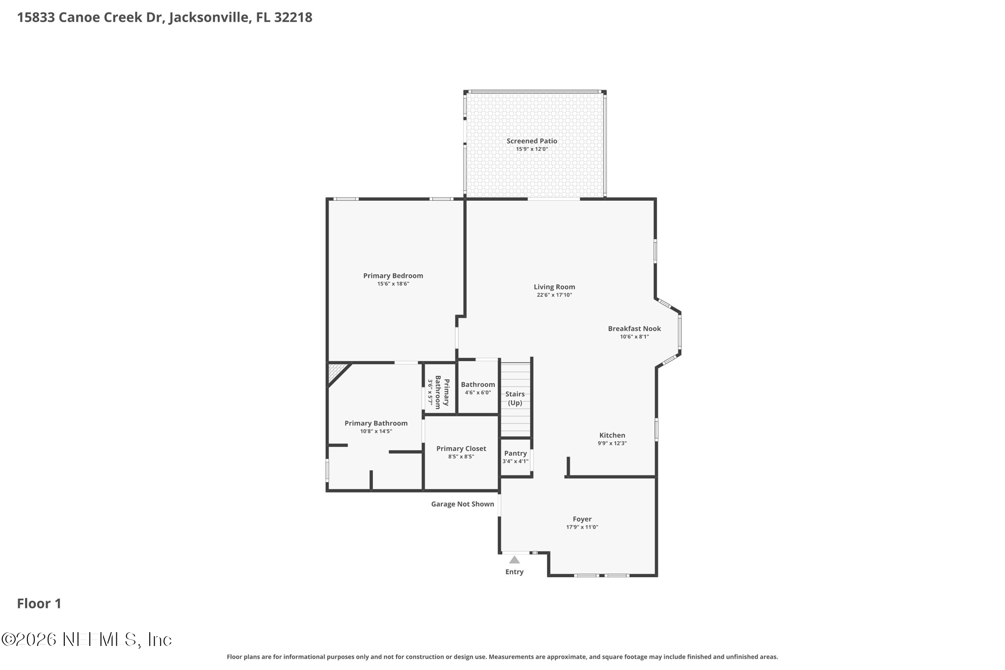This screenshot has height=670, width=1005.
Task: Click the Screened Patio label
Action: pyautogui.click(x=531, y=141)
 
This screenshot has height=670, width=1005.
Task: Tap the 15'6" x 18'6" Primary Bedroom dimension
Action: pyautogui.click(x=393, y=284)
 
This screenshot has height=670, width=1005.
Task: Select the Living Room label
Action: pyautogui.click(x=554, y=287)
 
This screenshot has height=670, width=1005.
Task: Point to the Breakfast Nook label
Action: pyautogui.click(x=634, y=328)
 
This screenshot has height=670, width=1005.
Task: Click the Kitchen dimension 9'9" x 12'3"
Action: pyautogui.click(x=612, y=443)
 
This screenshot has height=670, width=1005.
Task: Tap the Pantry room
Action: pyautogui.click(x=515, y=457)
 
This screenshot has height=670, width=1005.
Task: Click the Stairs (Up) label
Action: pyautogui.click(x=515, y=398)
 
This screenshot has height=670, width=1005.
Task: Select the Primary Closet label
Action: pyautogui.click(x=461, y=448)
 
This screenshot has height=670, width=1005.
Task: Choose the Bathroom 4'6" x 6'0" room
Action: pyautogui.click(x=477, y=388)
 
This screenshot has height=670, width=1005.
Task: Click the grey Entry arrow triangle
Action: pyautogui.click(x=514, y=560)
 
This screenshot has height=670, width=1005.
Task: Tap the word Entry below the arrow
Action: pyautogui.click(x=514, y=572)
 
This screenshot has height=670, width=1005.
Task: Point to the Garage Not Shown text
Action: pyautogui.click(x=462, y=504)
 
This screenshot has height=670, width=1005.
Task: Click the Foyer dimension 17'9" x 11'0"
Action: pyautogui.click(x=582, y=527)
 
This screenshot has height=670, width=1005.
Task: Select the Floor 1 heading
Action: pyautogui.click(x=39, y=604)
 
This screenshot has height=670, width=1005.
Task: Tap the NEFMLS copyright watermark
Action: pyautogui.click(x=87, y=639)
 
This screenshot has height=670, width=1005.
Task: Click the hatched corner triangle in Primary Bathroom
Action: pyautogui.click(x=335, y=371)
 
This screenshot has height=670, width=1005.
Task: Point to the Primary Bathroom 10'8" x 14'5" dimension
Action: pyautogui.click(x=376, y=431)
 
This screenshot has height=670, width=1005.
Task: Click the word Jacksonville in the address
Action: pyautogui.click(x=210, y=18)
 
